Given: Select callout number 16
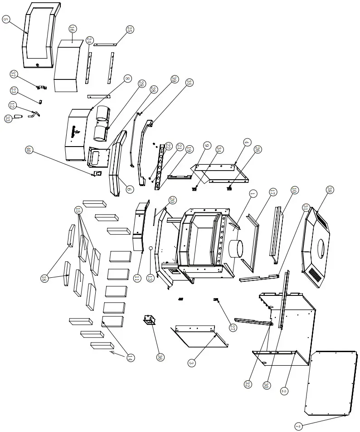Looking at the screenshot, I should [73, 29].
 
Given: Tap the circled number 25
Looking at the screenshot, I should [130, 29].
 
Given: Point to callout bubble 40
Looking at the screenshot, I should [29, 150].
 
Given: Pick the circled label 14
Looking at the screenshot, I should [130, 358].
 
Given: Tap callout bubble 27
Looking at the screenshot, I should [234, 328].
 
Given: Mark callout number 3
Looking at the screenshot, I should [192, 363].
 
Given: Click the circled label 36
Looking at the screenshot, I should [160, 357].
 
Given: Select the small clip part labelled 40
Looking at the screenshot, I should [97, 173].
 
